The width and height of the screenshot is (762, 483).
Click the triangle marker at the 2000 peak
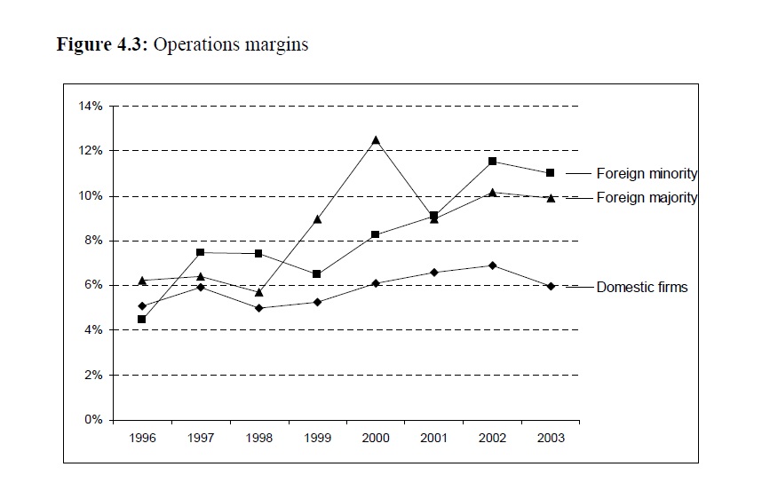coord(376,140)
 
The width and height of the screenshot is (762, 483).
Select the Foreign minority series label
coord(646,174)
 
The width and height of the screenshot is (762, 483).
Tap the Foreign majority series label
coord(646,198)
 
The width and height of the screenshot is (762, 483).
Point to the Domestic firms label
coord(641,287)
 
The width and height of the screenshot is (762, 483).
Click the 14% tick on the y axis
coord(91,106)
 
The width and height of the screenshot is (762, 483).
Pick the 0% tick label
coord(94,420)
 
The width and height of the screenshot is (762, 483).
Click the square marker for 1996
coord(142,320)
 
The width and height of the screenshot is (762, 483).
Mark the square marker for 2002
coord(492,162)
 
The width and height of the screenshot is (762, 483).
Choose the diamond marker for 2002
coord(492,265)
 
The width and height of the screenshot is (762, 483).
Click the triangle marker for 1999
coord(317,218)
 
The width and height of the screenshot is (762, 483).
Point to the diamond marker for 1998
coord(259,308)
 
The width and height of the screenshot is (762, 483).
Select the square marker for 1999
coord(317,274)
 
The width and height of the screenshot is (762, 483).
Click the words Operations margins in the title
coord(232,44)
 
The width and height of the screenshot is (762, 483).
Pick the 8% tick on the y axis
coord(94,241)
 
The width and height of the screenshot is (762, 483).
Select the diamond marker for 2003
coord(551,286)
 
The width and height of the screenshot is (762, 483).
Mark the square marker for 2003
coord(551,173)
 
